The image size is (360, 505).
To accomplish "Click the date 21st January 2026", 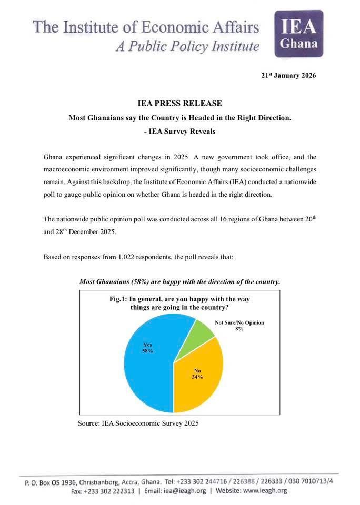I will coord(288,75).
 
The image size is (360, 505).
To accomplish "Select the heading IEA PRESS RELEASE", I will coord(179,104).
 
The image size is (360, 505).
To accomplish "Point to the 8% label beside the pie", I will coord(239,329).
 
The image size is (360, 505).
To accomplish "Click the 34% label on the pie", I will coord(197,377).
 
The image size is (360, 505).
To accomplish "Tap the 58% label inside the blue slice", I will coord(147,350).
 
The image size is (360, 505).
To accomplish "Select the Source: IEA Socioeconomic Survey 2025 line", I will coord(138,423).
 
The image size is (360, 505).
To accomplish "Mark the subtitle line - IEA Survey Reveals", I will coord(179,132).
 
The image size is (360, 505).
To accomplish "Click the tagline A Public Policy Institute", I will coord(188,47).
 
